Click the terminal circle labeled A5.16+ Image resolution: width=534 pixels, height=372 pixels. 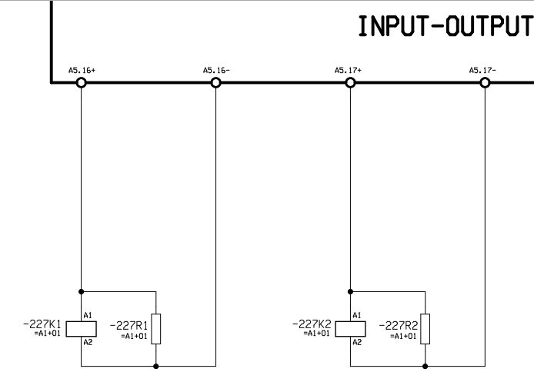pos(81,81)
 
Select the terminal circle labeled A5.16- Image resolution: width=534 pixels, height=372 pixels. pos(215,81)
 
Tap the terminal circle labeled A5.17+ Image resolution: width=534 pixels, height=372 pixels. pos(350,81)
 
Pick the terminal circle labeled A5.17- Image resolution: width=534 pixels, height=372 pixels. pos(485,81)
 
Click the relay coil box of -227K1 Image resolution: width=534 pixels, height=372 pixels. pos(81,329)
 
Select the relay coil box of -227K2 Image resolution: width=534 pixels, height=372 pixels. pos(350,329)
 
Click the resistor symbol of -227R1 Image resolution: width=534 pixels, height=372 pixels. pos(156,329)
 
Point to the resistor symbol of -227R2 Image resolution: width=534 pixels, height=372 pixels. pos(426,329)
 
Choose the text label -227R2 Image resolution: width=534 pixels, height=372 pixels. pos(399,326)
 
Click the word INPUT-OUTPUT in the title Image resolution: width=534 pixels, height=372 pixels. pos(445,26)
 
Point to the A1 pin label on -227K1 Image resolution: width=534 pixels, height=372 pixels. pos(88,315)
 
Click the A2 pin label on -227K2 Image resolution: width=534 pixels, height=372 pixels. pos(357,342)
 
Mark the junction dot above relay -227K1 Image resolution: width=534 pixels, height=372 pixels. pos(81,291)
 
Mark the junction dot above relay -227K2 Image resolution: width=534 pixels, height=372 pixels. pos(350,291)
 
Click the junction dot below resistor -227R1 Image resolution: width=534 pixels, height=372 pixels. pos(156,366)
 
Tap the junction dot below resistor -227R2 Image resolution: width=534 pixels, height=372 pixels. pos(426,366)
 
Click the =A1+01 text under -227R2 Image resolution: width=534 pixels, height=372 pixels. pos(403,336)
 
